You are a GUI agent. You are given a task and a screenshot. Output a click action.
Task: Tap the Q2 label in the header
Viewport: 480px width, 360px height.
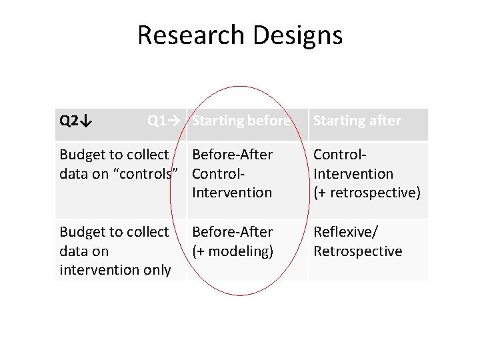(69, 121)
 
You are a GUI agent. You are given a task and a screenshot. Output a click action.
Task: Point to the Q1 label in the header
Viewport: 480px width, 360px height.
(157, 121)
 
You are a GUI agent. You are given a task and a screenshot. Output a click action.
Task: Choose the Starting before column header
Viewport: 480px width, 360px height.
(241, 121)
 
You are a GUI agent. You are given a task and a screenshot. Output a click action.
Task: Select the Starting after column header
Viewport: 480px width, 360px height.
(357, 121)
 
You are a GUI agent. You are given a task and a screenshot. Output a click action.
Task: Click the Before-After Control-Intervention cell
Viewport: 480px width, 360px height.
(232, 173)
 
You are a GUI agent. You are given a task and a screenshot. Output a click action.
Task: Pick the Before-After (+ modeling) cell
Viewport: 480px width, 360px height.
(232, 241)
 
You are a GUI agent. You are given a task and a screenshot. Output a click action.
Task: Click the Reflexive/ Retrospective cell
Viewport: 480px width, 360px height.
(357, 241)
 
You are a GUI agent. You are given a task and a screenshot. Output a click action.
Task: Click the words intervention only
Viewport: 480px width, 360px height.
(115, 271)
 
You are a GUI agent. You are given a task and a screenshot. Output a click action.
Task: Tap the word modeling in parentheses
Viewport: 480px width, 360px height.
(236, 251)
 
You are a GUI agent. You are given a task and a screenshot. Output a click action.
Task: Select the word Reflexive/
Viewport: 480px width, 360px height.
(345, 232)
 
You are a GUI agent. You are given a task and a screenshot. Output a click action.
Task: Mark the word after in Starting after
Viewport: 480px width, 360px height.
(383, 121)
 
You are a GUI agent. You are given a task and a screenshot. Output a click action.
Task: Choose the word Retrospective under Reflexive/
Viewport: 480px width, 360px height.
(357, 251)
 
